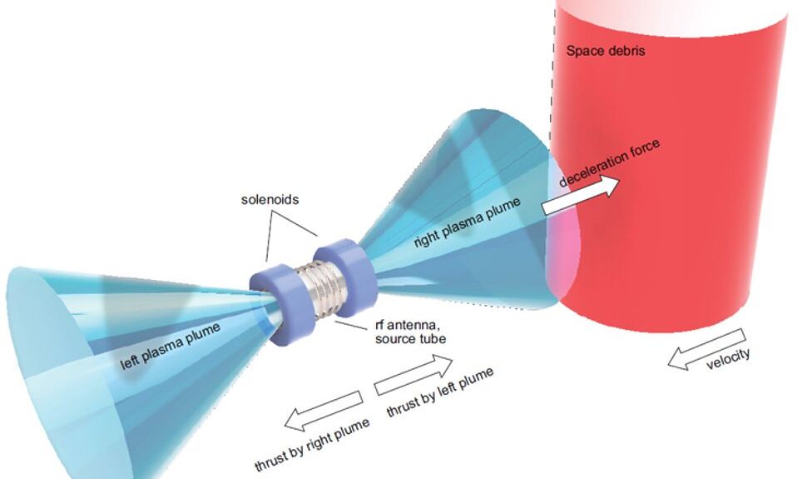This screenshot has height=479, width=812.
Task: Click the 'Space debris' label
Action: (606, 51)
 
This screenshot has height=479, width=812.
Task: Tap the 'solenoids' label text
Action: (270, 200)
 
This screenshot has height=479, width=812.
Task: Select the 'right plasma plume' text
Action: (467, 222)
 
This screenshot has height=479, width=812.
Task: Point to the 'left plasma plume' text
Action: (171, 346)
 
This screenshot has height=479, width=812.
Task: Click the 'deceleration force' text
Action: (610, 162)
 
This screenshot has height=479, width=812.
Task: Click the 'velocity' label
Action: (728, 359)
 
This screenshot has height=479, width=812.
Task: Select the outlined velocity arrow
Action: (707, 349)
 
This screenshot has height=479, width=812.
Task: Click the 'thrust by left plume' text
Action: (440, 392)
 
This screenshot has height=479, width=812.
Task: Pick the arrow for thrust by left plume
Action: (413, 374)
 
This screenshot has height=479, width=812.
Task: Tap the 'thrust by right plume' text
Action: (312, 444)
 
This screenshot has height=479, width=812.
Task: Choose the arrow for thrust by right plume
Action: (323, 411)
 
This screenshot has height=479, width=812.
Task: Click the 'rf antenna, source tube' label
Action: (410, 332)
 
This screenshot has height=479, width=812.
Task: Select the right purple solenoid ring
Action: (344, 272)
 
